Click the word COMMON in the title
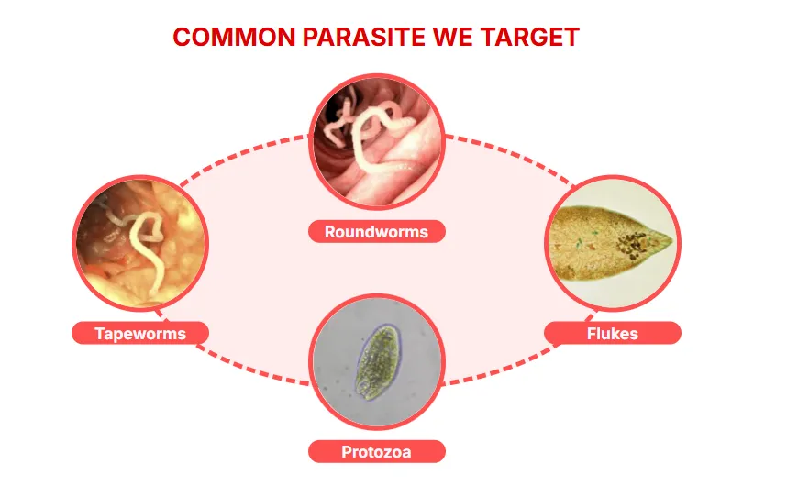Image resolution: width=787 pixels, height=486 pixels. click(x=234, y=37)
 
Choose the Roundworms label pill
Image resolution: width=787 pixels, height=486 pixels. click(x=376, y=232)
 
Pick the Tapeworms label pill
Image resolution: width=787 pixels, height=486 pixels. click(x=140, y=333)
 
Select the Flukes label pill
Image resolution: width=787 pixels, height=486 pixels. click(x=613, y=333)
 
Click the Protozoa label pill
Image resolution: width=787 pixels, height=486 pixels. click(x=376, y=451)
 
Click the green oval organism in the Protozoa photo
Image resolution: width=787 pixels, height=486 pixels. click(x=377, y=362)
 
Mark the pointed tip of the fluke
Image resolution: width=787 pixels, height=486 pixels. click(x=671, y=240)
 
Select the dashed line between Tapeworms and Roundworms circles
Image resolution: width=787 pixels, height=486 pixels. click(x=242, y=156)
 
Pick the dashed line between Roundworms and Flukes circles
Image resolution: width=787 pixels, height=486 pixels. click(x=509, y=157)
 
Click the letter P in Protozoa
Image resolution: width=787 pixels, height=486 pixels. click(x=347, y=452)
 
